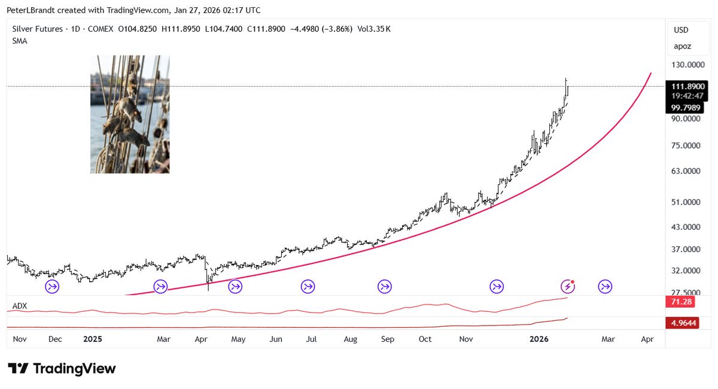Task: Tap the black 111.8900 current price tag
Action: pyautogui.click(x=688, y=87)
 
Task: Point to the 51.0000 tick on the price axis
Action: pyautogui.click(x=686, y=202)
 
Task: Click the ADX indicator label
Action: pyautogui.click(x=20, y=306)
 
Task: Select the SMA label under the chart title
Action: pyautogui.click(x=19, y=41)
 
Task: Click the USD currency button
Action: pyautogui.click(x=681, y=30)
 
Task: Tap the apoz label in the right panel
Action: pyautogui.click(x=682, y=45)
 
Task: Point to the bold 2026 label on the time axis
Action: pyautogui.click(x=539, y=339)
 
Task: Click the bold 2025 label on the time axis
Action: pyautogui.click(x=93, y=339)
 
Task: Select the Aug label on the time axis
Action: pyautogui.click(x=350, y=339)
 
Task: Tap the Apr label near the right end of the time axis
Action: pyautogui.click(x=647, y=339)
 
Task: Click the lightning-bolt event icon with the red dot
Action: pyautogui.click(x=568, y=287)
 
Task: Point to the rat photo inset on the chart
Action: pyautogui.click(x=130, y=114)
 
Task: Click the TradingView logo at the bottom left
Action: pyautogui.click(x=62, y=369)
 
